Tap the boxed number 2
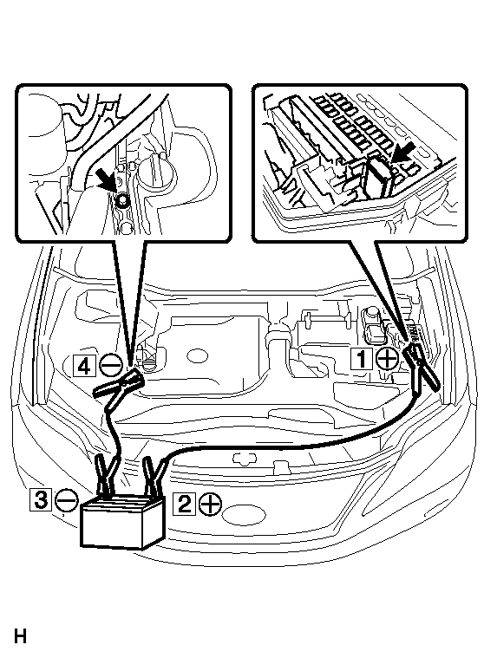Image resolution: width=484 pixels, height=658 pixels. [184, 503]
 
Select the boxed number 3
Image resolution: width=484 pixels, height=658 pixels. [41, 500]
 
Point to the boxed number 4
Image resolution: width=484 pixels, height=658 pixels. [84, 366]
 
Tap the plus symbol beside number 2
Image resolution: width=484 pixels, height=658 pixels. [210, 503]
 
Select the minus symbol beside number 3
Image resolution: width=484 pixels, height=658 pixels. [67, 500]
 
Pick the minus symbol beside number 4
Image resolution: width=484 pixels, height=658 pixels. [111, 365]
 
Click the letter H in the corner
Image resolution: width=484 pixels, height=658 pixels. [20, 635]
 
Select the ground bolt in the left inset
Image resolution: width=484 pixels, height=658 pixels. [123, 201]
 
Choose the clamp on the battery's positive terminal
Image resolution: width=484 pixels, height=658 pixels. [153, 475]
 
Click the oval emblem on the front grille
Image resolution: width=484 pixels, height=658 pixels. [244, 515]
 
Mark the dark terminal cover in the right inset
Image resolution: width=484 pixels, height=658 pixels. [377, 177]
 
